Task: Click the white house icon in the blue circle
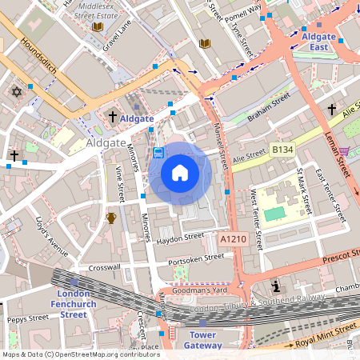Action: pyautogui.click(x=180, y=173)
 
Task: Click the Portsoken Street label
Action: pyautogui.click(x=196, y=258)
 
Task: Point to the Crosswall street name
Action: pyautogui.click(x=104, y=267)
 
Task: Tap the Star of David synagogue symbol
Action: pyautogui.click(x=14, y=93)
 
